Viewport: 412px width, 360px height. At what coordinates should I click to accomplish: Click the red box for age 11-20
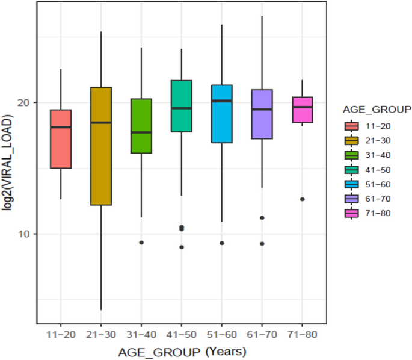(x=61, y=138)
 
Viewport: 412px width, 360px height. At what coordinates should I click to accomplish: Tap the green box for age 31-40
(x=141, y=126)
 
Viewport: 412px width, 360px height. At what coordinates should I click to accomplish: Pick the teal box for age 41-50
(x=182, y=105)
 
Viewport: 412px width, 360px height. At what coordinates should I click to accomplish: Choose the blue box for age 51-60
(x=221, y=114)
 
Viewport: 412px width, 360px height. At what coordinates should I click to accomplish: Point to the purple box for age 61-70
(x=262, y=114)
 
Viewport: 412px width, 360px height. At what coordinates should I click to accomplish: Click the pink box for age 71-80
(x=302, y=110)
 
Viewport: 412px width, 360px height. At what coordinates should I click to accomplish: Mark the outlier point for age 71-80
(x=303, y=199)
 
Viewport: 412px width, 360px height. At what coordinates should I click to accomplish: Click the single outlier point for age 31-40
(x=141, y=243)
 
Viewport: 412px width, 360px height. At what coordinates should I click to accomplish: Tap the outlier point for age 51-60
(x=222, y=243)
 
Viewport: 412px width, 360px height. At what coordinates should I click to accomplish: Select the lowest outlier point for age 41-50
(x=182, y=247)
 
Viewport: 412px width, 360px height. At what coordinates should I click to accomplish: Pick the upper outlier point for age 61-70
(x=262, y=218)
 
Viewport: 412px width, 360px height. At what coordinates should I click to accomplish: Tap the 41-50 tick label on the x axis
(x=182, y=333)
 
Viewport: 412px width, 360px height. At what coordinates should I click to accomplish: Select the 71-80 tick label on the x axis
(x=302, y=333)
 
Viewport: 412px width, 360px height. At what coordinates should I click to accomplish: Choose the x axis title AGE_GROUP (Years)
(x=182, y=351)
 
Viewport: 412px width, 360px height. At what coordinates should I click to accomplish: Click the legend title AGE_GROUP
(x=376, y=110)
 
